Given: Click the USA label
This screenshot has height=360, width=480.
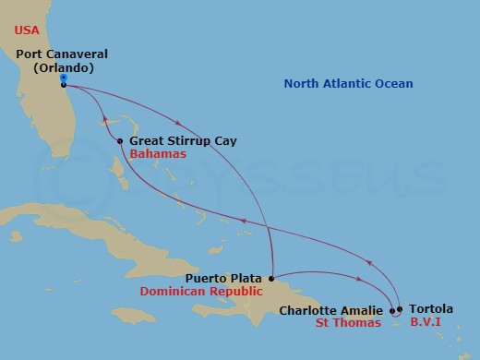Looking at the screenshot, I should point(29,30).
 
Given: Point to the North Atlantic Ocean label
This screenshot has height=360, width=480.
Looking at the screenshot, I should point(348,85).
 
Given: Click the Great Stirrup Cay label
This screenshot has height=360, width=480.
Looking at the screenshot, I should point(183,141).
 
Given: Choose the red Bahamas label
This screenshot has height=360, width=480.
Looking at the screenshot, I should point(158,155).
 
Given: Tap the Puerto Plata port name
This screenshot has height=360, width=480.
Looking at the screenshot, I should point(224,277).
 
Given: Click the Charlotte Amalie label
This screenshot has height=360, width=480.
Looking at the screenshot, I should point(331,311).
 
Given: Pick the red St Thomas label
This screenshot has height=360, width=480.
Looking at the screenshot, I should point(349,324).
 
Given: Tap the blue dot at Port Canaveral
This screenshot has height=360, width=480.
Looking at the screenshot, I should point(62,78).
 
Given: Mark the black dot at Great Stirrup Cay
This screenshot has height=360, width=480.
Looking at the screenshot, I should point(121,141).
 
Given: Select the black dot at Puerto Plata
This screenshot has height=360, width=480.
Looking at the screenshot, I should point(270,277).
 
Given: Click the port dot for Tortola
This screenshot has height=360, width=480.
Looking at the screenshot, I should point(400,310).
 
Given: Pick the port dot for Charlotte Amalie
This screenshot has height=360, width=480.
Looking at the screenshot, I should point(392,310).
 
